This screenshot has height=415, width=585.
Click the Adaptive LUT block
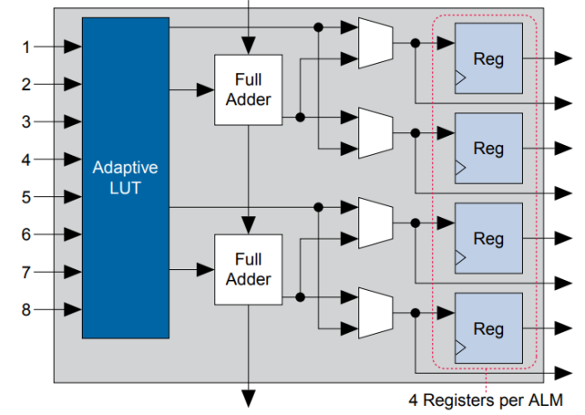point(125,177)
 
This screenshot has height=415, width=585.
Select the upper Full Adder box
point(247,89)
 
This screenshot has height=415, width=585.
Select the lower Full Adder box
point(247,269)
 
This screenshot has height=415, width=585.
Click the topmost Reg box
point(489,59)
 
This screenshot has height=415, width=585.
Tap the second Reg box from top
point(489,148)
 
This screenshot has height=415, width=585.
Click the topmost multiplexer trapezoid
point(374,42)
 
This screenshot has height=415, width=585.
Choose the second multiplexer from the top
point(374,132)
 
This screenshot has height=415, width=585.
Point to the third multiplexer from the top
point(374,222)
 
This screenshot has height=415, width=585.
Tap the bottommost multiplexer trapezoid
point(374,312)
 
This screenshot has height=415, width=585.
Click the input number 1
point(26,47)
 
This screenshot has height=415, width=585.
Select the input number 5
point(26,197)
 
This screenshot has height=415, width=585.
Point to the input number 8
point(26,310)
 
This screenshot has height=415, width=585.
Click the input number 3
point(26,122)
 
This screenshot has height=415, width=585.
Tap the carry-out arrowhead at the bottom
point(247,397)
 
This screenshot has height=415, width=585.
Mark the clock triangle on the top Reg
point(461,79)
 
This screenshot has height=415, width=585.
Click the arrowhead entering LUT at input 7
point(74,272)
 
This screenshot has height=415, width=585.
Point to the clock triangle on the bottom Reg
point(461,348)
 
